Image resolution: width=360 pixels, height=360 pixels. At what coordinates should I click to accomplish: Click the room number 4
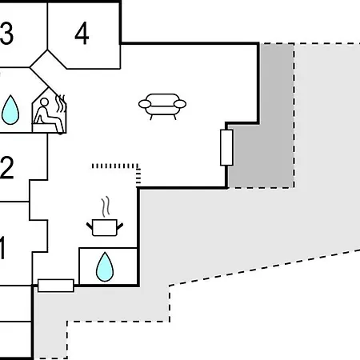82,34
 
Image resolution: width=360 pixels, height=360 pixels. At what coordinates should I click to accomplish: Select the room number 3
6,34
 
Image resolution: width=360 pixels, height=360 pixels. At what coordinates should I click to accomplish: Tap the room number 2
6,168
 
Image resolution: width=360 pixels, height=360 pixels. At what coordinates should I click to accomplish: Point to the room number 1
2,247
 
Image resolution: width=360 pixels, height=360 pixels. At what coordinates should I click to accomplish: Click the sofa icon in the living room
162,106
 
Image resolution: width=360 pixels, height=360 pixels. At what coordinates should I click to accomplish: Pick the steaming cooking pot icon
105,217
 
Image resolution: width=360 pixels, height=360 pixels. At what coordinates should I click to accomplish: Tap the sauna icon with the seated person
50,110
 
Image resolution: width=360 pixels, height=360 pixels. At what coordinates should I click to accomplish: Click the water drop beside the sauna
10,110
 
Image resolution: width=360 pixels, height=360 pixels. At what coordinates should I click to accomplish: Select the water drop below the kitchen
105,267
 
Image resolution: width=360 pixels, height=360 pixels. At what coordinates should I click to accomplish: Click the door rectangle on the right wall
226,147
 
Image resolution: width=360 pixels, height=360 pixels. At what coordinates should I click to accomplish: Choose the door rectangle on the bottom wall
56,286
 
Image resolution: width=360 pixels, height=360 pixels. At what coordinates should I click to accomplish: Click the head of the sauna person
44,102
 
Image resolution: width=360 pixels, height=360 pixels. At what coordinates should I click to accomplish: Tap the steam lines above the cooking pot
106,206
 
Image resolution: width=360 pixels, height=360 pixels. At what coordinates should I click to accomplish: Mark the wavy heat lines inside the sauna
60,104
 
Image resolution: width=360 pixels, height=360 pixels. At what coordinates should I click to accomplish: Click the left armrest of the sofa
145,104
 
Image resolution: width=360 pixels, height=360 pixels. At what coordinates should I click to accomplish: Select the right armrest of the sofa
180,104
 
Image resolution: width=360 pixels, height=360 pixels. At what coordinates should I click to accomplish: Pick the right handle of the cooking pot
120,226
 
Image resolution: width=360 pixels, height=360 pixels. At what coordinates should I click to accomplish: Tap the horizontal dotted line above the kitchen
115,166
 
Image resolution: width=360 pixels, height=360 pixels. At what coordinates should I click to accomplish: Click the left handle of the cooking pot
90,226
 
